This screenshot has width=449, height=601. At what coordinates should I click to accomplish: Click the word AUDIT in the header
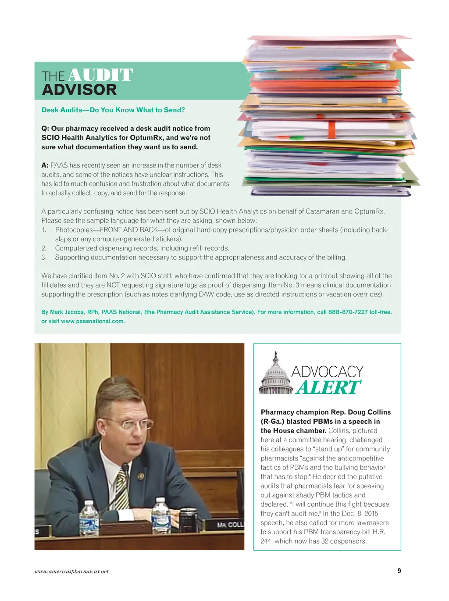[x=100, y=75]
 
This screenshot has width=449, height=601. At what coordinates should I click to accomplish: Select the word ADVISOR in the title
[x=79, y=90]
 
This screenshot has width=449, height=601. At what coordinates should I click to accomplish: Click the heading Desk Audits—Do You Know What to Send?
[x=113, y=110]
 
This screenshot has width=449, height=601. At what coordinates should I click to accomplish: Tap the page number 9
[x=399, y=571]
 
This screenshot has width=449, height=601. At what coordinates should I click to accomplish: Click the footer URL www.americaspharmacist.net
[x=71, y=571]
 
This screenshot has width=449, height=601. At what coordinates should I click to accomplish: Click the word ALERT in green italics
[x=328, y=388]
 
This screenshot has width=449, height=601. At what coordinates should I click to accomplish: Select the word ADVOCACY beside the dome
[x=328, y=372]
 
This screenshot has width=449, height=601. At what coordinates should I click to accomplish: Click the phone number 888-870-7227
[x=348, y=312]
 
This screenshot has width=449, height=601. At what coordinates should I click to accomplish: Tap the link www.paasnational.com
[x=93, y=321]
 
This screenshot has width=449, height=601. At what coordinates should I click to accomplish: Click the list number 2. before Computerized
[x=44, y=248]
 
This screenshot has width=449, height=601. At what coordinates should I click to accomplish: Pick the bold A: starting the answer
[x=45, y=165]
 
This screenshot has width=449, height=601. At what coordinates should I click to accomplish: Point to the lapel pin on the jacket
[x=140, y=476]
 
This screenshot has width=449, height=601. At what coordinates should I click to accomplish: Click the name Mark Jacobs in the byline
[x=67, y=312]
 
